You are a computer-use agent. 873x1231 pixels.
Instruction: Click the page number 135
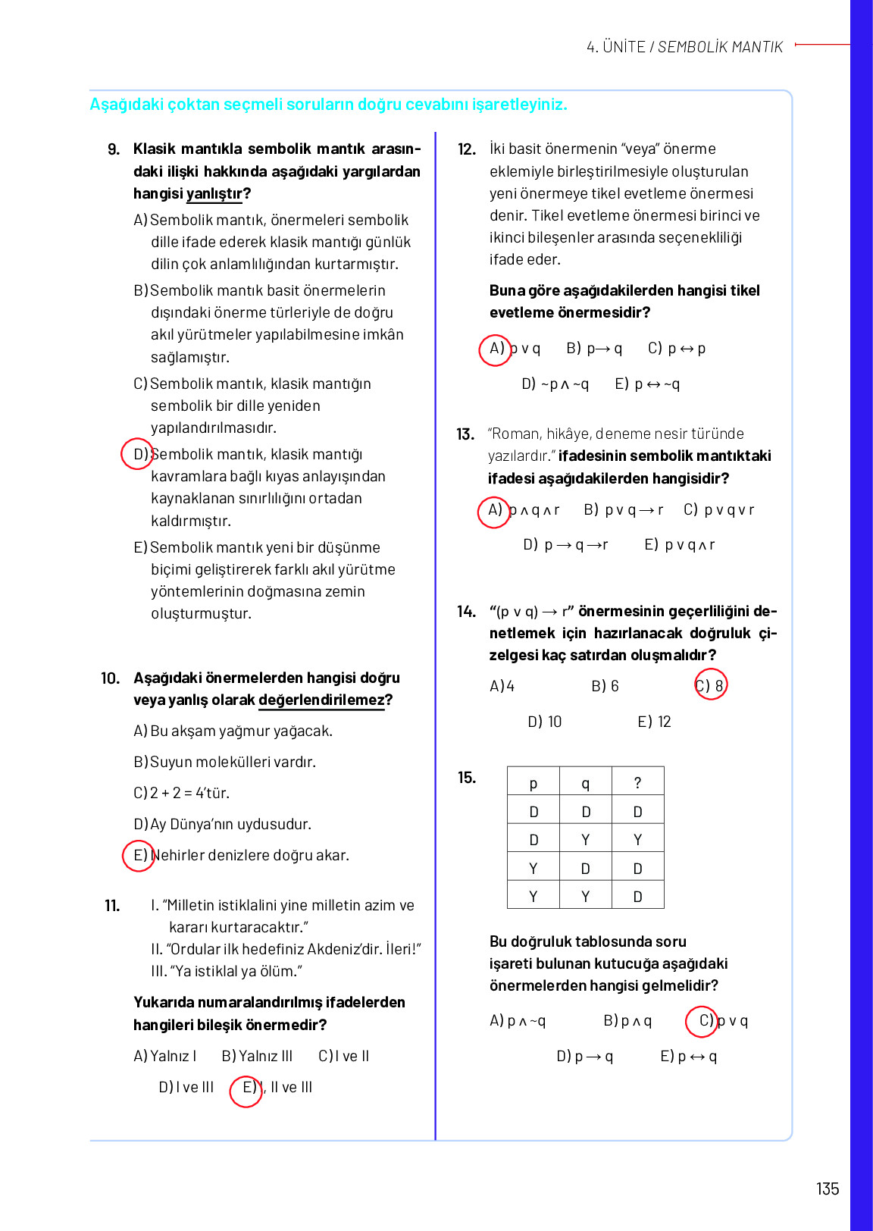(x=827, y=1189)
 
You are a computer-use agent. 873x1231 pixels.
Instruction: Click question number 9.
(x=114, y=149)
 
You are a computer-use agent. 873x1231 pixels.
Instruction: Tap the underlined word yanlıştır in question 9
(x=214, y=194)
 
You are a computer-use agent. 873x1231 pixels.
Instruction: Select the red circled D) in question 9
(x=138, y=454)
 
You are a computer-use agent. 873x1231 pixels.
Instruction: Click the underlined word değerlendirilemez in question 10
(x=321, y=700)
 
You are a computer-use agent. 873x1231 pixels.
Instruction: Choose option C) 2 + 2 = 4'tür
(x=181, y=793)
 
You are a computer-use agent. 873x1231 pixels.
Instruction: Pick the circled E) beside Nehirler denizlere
(x=139, y=856)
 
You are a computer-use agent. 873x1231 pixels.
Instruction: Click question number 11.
(x=112, y=906)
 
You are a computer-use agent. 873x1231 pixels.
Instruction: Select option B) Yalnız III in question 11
(x=257, y=1056)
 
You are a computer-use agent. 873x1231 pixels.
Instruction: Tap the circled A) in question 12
(x=496, y=349)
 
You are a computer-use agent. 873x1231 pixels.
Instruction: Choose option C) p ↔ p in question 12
(x=676, y=349)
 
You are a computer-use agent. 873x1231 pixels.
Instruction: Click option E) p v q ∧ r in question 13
(x=679, y=545)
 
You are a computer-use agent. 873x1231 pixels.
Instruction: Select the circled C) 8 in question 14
(x=711, y=685)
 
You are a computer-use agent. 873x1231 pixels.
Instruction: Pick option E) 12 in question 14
(x=654, y=722)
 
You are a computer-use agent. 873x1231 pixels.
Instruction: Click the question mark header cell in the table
(x=637, y=783)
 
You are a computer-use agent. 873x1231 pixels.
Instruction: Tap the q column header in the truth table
(x=585, y=783)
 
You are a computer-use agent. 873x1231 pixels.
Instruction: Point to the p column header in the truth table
(x=533, y=783)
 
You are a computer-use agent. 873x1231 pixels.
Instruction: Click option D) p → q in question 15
(x=584, y=1056)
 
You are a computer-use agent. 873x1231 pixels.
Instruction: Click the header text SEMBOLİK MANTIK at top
(x=719, y=47)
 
